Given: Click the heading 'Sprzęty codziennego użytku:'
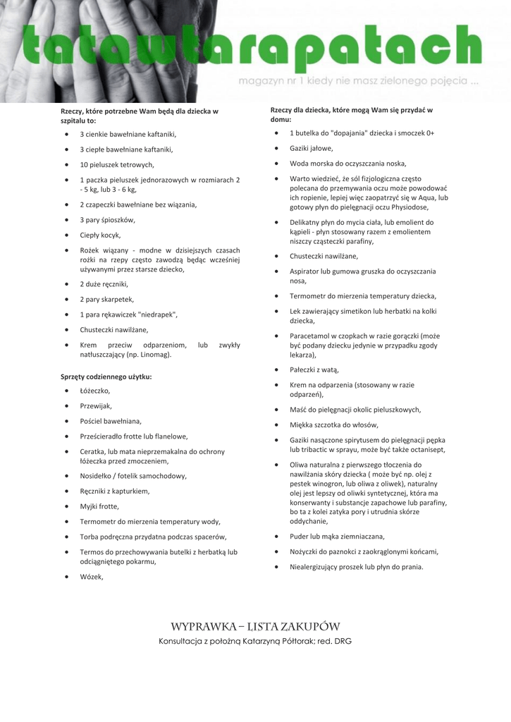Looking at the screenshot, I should [106, 377].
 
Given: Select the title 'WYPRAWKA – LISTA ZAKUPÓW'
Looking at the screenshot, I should [255, 626].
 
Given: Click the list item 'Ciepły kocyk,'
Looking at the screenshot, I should [100, 235].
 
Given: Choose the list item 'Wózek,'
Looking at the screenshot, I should [92, 577].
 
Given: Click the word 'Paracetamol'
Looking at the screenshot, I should [310, 336].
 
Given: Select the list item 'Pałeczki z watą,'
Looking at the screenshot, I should [314, 369].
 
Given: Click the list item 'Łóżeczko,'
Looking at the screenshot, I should [95, 391].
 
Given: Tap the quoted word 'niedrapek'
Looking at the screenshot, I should [156, 314].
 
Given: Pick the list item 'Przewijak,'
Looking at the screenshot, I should [96, 406].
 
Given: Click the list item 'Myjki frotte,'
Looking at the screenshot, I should [99, 506].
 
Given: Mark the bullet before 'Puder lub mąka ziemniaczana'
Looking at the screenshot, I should [277, 536].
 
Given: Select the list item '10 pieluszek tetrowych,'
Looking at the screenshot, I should [117, 165].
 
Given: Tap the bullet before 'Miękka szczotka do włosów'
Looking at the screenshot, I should [277, 424].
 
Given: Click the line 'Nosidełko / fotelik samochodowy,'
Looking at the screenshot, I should [133, 476].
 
